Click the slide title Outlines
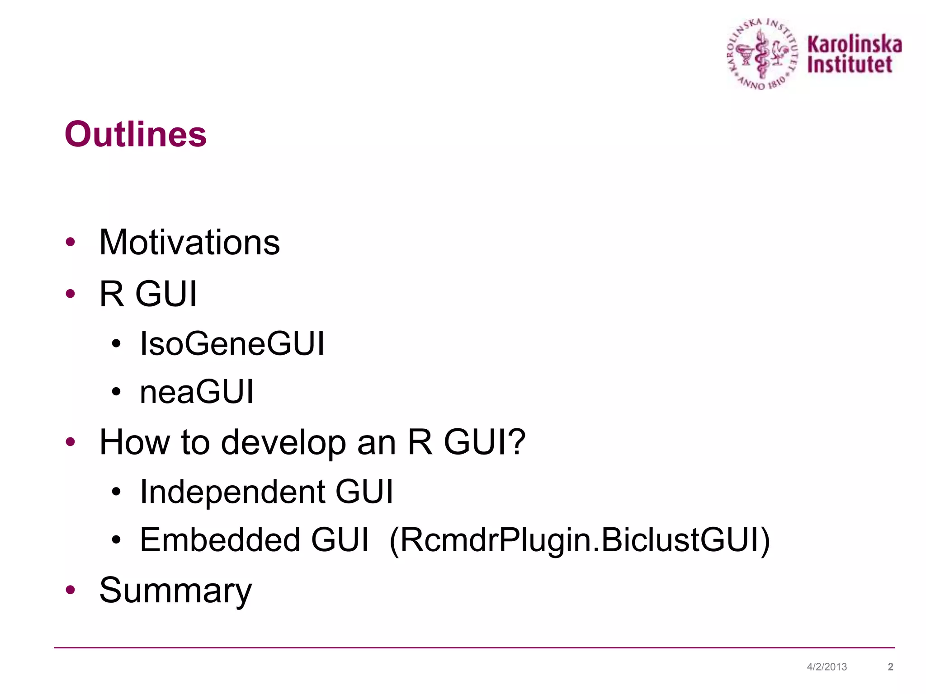pyautogui.click(x=136, y=135)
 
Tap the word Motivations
pyautogui.click(x=189, y=243)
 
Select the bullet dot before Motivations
pyautogui.click(x=70, y=242)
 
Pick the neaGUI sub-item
pyautogui.click(x=197, y=392)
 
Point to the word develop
pyautogui.click(x=283, y=442)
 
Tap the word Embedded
pyautogui.click(x=220, y=540)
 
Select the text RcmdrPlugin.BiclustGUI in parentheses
pyautogui.click(x=579, y=540)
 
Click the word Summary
pyautogui.click(x=175, y=591)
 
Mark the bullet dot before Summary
pyautogui.click(x=70, y=590)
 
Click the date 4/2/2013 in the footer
pyautogui.click(x=827, y=667)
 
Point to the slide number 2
pyautogui.click(x=890, y=667)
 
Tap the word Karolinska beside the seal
pyautogui.click(x=855, y=45)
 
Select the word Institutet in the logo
pyautogui.click(x=850, y=65)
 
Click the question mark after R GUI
pyautogui.click(x=516, y=442)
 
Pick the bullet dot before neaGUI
pyautogui.click(x=116, y=392)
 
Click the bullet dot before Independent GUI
pyautogui.click(x=116, y=492)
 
